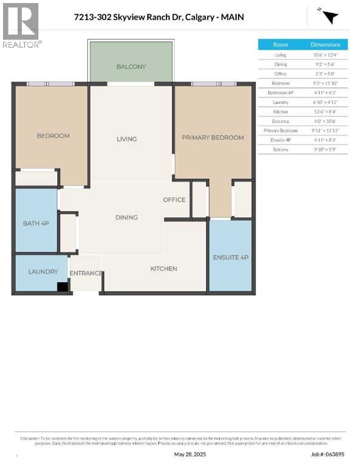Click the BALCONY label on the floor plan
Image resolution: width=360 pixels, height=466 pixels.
(x=131, y=67)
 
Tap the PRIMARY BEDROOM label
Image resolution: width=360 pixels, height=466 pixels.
(x=213, y=138)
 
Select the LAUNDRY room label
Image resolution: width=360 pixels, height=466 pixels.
(x=42, y=272)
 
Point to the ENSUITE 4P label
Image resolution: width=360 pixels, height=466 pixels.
(x=230, y=257)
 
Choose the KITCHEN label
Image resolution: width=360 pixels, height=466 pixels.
(x=164, y=268)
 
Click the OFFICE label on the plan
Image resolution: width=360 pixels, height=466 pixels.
(x=174, y=200)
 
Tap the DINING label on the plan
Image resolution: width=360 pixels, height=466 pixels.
(x=127, y=217)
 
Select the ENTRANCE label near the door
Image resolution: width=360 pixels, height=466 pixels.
(x=86, y=273)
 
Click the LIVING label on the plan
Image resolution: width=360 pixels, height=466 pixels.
(x=127, y=139)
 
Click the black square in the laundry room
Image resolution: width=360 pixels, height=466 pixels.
(x=61, y=288)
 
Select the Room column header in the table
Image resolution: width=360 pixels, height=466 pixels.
(x=280, y=44)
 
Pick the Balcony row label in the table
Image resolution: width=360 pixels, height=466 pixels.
(x=280, y=149)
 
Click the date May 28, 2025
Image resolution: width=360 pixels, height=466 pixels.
(x=187, y=454)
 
